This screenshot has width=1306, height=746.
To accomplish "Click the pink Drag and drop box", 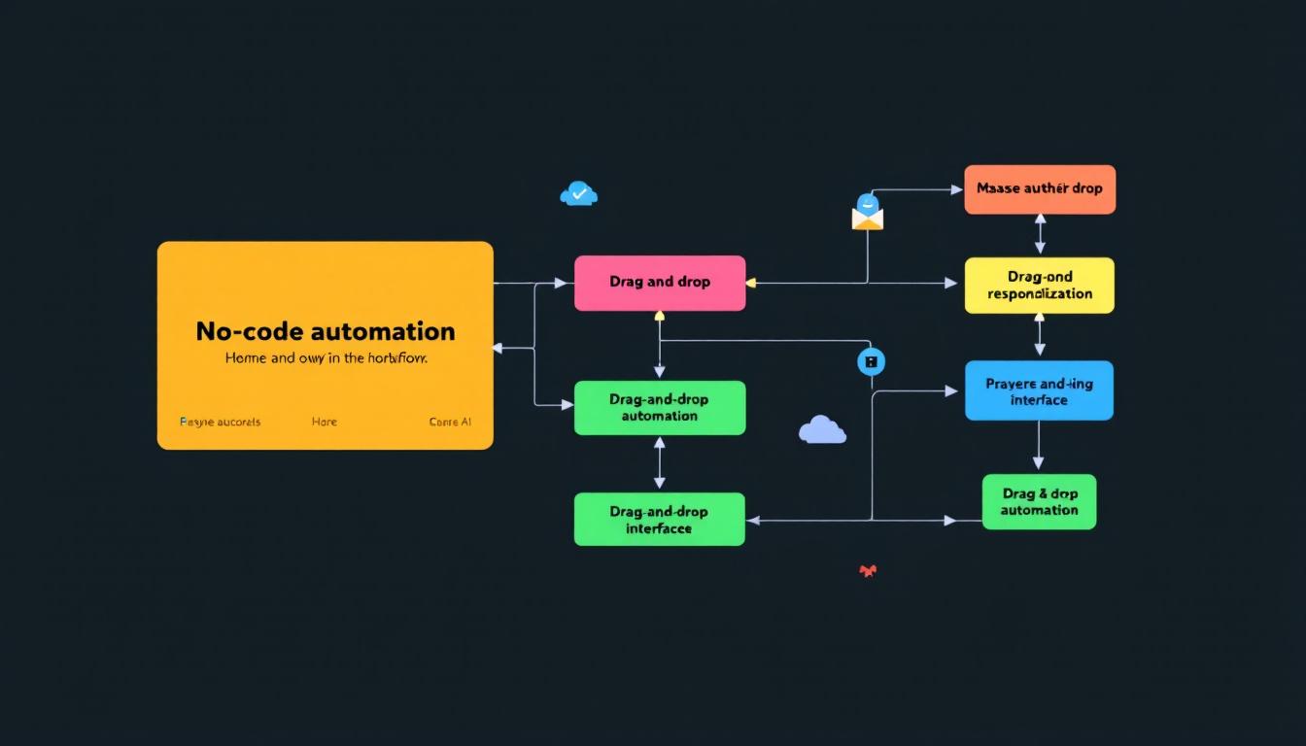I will click(660, 283).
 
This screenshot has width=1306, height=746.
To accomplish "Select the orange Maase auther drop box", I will click(1040, 189).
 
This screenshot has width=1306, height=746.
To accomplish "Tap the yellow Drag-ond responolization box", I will click(1039, 286).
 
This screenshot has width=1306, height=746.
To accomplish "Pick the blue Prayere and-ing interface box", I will click(1039, 391).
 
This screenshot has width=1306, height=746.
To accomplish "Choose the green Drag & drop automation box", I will click(1039, 502).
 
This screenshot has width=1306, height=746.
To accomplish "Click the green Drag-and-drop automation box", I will click(660, 408).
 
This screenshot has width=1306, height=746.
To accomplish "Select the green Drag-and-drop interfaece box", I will click(660, 520).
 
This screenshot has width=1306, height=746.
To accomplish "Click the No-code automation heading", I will click(326, 331).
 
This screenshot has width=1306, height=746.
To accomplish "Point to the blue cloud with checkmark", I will click(579, 194).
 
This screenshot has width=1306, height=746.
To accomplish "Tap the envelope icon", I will click(868, 214).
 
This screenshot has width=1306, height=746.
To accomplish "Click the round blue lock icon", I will click(872, 361).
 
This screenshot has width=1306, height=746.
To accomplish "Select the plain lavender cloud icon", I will click(822, 429).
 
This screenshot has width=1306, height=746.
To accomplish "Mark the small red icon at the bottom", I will click(868, 571).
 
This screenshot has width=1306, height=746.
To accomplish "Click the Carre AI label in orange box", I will click(450, 423).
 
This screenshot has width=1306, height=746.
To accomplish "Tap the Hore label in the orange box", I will click(325, 423).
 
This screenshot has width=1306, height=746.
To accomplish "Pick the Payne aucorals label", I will click(221, 423).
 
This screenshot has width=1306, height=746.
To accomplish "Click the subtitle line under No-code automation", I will click(326, 358).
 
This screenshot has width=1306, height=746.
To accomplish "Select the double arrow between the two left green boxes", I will click(660, 463).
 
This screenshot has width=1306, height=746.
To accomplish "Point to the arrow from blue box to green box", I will click(1039, 447).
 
